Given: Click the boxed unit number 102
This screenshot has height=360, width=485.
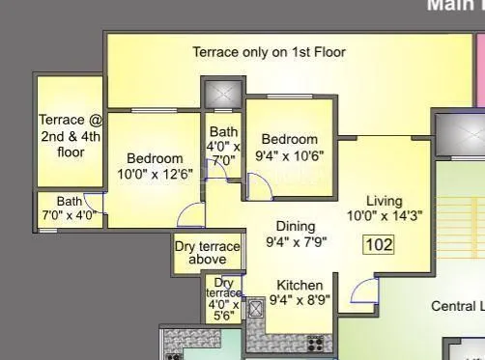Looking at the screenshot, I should pyautogui.click(x=380, y=244).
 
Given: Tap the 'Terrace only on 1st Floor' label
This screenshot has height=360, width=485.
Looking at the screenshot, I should pyautogui.click(x=269, y=52).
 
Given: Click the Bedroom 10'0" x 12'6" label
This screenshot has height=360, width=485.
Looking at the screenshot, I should pyautogui.click(x=155, y=166).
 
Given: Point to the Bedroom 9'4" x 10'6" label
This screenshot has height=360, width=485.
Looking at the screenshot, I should pyautogui.click(x=289, y=147).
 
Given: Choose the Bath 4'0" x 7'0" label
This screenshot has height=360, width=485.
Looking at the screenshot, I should pyautogui.click(x=223, y=146).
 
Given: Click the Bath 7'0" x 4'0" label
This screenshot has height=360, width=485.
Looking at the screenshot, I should pyautogui.click(x=69, y=208).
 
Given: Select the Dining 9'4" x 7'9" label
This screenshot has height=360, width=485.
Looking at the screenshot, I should pyautogui.click(x=296, y=235).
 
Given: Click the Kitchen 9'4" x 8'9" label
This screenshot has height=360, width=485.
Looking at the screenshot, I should pyautogui.click(x=300, y=292).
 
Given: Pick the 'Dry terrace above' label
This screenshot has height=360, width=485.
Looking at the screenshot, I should pyautogui.click(x=207, y=253).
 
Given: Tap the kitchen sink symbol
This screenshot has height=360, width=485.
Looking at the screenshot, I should pyautogui.click(x=257, y=311).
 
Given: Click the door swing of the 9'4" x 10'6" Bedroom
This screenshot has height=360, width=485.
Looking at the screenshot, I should pyautogui.click(x=259, y=186).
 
